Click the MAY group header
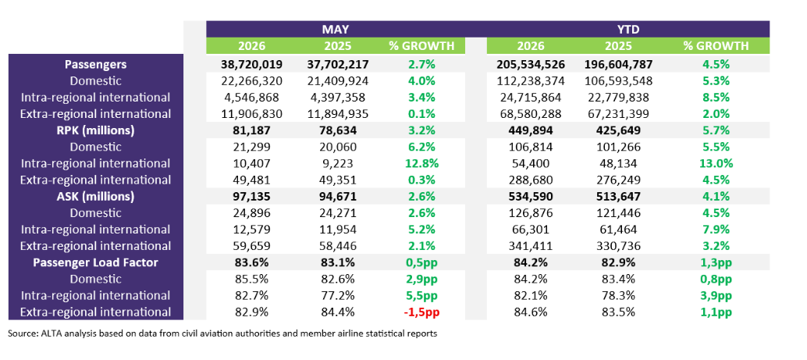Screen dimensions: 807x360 tap(336, 28)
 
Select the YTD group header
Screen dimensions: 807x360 tap(627, 28)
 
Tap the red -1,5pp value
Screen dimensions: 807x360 tap(421, 312)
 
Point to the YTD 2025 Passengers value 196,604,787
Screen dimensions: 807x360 tap(619, 64)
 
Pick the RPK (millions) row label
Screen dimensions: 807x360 tap(96, 130)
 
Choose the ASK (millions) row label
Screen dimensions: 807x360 tap(96, 196)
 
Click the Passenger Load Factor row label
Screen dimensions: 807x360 tap(96, 262)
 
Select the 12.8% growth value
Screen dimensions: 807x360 tap(421, 163)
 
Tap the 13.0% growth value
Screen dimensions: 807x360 tap(716, 163)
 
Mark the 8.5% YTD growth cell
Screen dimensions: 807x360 tap(716, 98)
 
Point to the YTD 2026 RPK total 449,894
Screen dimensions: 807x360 tap(531, 130)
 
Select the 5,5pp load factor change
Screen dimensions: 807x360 tap(421, 295)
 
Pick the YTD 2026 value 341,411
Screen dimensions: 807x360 tap(531, 246)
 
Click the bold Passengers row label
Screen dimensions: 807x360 tap(96, 64)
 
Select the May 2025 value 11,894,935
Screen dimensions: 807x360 tap(338, 114)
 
